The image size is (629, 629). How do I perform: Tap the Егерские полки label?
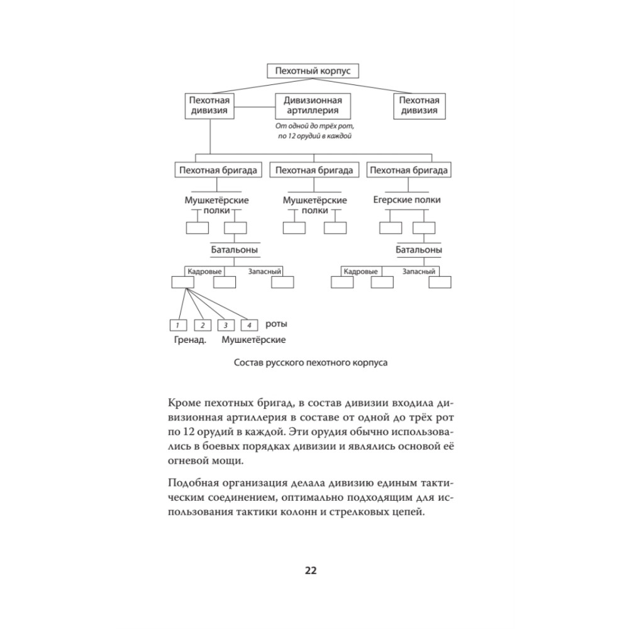pyautogui.click(x=407, y=200)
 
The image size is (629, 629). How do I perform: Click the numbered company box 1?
pyautogui.click(x=178, y=325)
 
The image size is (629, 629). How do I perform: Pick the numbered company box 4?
pyautogui.click(x=249, y=325)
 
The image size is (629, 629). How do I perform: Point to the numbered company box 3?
pyautogui.click(x=225, y=325)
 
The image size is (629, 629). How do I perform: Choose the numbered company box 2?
pyautogui.click(x=202, y=325)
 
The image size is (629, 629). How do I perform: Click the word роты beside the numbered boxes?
pyautogui.click(x=276, y=325)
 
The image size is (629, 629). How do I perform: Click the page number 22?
pyautogui.click(x=310, y=571)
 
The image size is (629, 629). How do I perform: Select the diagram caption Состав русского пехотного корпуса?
pyautogui.click(x=311, y=363)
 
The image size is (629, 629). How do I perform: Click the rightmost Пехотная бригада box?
pyautogui.click(x=409, y=170)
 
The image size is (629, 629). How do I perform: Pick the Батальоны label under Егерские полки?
pyautogui.click(x=418, y=250)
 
